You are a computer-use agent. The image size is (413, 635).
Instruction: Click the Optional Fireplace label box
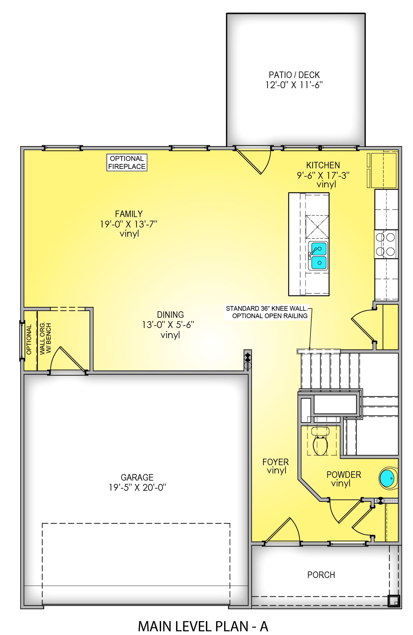point(127,162)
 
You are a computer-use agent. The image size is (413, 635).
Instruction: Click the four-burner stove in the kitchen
point(386,244)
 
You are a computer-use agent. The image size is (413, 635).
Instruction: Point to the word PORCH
point(321,575)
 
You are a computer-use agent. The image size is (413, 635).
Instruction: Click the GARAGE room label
point(137,477)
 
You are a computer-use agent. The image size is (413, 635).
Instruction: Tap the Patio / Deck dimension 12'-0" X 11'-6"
point(294,85)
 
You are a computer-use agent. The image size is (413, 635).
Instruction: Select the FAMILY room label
point(129,214)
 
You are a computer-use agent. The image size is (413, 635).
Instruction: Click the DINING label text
point(170,315)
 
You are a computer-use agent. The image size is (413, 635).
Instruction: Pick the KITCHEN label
point(323,165)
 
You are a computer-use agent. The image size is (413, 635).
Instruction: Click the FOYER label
point(275,462)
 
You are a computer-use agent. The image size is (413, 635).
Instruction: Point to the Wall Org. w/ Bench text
point(45,338)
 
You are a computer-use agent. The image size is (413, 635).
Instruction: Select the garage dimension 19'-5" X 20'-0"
point(137,488)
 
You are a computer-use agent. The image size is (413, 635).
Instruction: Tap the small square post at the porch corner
point(393,600)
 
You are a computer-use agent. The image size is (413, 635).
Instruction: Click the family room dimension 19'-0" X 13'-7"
point(129,224)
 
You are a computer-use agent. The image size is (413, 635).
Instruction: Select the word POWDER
point(344,475)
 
